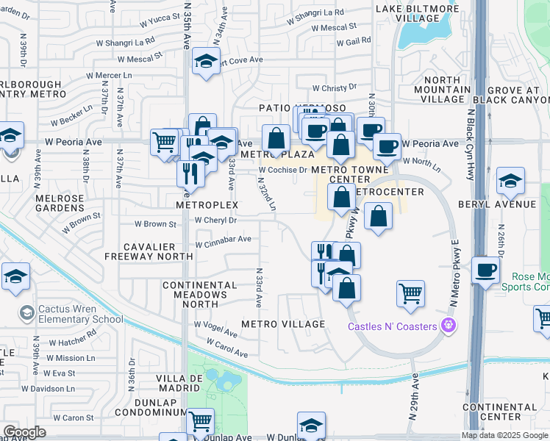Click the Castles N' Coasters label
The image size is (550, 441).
[x=393, y=325]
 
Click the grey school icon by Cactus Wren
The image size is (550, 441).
[x=26, y=313]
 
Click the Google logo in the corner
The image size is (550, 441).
[x=24, y=432]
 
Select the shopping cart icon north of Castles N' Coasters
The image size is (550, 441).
[x=410, y=293]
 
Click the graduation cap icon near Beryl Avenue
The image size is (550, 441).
[x=510, y=179]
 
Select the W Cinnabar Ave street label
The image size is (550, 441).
[x=223, y=239]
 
